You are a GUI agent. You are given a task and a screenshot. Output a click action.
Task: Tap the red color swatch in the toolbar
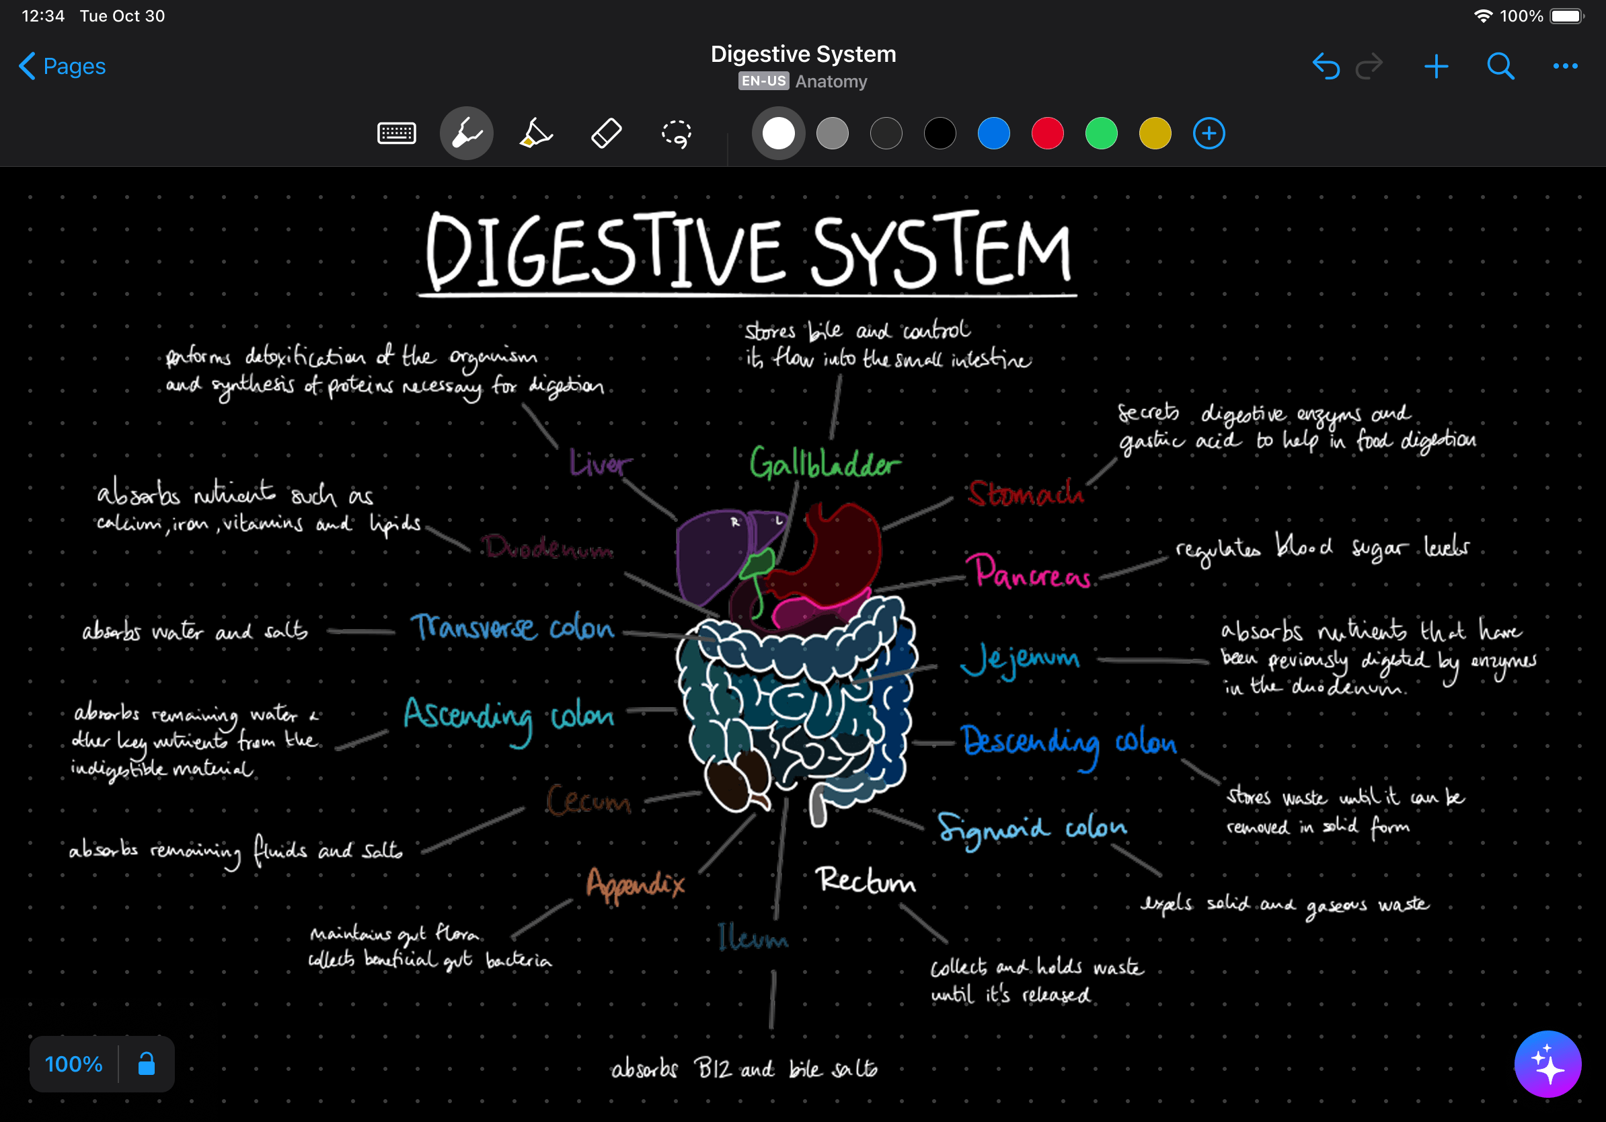coord(1047,134)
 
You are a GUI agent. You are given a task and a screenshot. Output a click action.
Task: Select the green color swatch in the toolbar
coord(1101,134)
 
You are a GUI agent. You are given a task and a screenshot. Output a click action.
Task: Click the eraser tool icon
coord(606,133)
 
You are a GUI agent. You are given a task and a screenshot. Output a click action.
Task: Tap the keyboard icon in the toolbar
coord(397,133)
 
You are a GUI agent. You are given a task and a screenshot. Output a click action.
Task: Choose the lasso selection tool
coord(677,133)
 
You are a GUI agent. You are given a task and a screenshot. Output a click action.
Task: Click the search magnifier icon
coord(1500,67)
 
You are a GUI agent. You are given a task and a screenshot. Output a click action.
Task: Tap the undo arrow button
coord(1326,67)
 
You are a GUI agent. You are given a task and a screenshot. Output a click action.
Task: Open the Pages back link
coord(63,67)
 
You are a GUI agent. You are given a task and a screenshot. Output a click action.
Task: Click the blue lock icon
coord(146,1064)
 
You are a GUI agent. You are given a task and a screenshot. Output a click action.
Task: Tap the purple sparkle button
coord(1547,1064)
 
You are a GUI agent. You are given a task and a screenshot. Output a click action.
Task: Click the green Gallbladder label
coord(825,463)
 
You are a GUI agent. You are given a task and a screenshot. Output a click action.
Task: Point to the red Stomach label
coord(1026,494)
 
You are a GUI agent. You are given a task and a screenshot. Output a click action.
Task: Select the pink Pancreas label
coord(1032,572)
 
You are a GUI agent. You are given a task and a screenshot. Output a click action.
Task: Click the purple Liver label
coord(600,463)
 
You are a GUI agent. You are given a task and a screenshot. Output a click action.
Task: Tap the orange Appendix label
coord(635,885)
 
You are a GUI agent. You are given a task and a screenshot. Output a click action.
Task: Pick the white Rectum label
coord(866,880)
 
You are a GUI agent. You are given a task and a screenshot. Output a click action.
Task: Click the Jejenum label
coord(1020,660)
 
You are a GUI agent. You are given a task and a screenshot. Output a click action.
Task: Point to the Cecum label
coord(588,801)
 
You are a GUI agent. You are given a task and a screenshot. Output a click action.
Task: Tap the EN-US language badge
coord(763,81)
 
